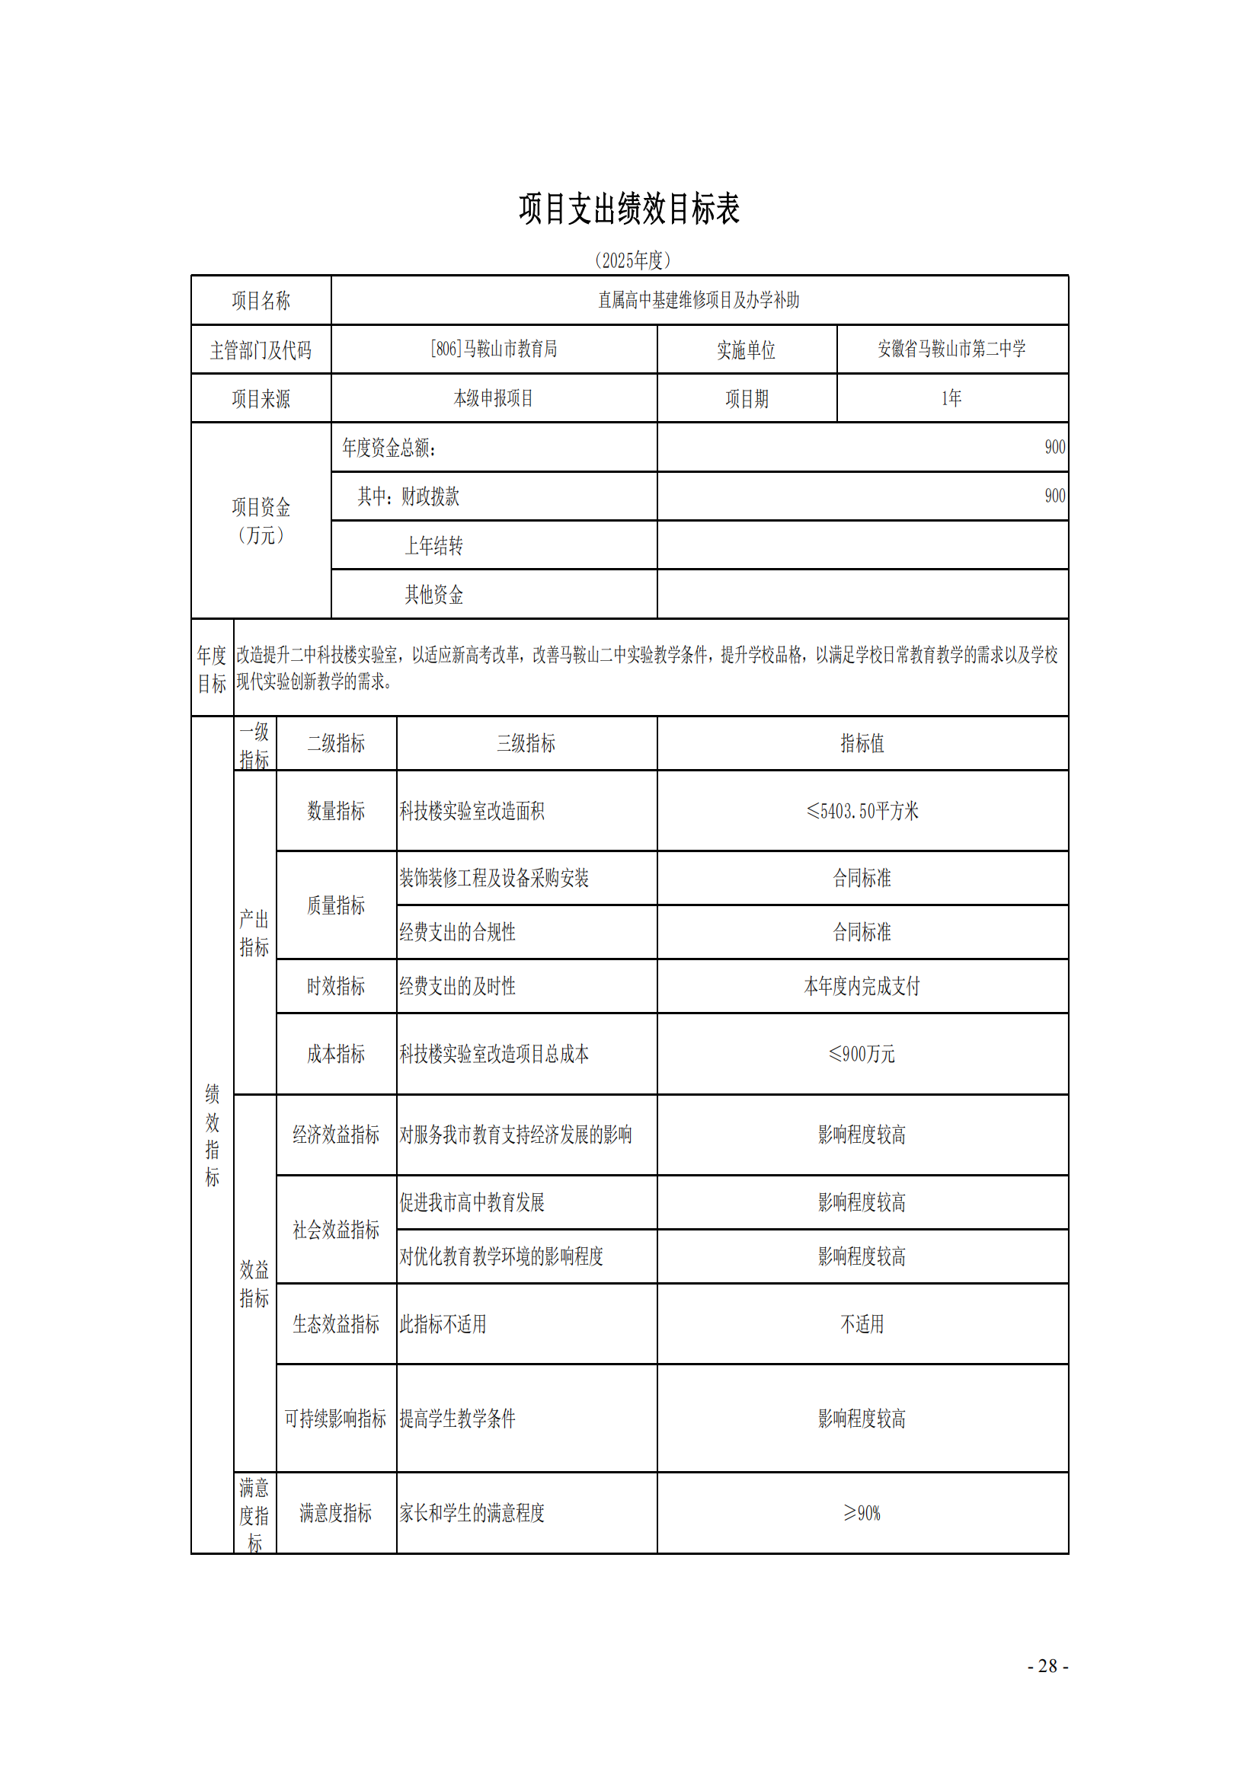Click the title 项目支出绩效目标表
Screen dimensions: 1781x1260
coord(629,209)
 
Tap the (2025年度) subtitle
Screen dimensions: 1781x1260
coord(632,260)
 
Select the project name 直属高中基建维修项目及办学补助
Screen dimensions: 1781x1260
coord(699,300)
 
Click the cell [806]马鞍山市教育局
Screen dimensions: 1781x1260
coord(494,349)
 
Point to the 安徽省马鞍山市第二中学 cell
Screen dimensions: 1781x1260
coord(951,349)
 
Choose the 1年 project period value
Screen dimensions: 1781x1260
coord(951,399)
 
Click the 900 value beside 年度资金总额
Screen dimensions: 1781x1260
coord(1054,447)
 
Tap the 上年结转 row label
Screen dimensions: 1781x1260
coord(433,546)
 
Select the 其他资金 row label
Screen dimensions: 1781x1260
coord(433,595)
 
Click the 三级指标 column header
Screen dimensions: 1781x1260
coord(526,744)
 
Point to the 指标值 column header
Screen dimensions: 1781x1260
coord(862,744)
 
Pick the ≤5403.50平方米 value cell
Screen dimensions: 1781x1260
coord(862,812)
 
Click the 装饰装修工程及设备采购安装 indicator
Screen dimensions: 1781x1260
coord(494,878)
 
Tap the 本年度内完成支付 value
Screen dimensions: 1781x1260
coord(862,987)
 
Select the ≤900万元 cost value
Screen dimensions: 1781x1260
coord(862,1054)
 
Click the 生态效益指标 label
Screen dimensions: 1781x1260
coord(336,1324)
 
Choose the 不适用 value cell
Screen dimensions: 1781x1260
coord(862,1324)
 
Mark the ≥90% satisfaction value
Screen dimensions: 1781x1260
coord(862,1513)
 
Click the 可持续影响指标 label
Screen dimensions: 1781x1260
coord(335,1419)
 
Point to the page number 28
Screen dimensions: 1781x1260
coord(1047,1666)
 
